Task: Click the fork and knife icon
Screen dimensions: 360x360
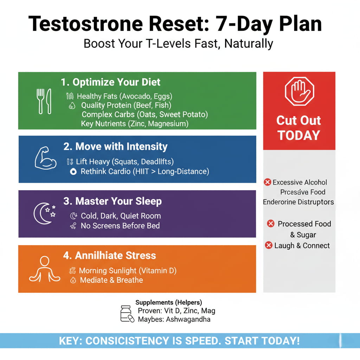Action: (x=44, y=101)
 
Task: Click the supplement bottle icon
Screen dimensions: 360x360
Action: (x=127, y=314)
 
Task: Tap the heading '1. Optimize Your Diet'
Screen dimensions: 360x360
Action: (x=110, y=82)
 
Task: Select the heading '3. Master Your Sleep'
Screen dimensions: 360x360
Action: (x=112, y=201)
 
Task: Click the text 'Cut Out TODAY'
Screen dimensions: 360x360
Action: (x=298, y=128)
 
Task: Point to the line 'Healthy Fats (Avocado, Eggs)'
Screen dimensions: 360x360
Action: (x=124, y=96)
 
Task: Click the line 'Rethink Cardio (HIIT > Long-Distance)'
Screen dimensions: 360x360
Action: (x=145, y=172)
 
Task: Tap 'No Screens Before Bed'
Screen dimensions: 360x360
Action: (x=120, y=226)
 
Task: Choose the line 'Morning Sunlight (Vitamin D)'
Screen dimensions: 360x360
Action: (x=128, y=271)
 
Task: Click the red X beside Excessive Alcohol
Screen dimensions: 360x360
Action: (x=267, y=182)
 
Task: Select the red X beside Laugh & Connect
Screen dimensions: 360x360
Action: (x=269, y=245)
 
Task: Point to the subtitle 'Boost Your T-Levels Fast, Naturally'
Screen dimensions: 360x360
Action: (x=178, y=44)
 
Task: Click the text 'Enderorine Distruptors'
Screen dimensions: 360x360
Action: (x=298, y=202)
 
